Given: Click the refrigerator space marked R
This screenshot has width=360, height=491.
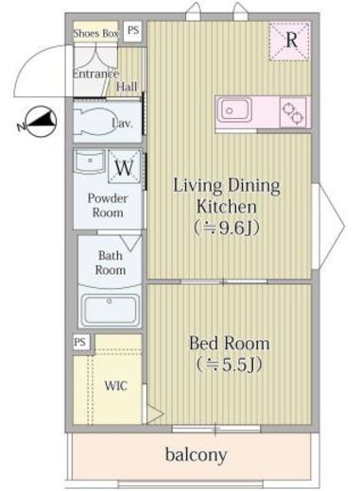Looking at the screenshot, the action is point(290,41).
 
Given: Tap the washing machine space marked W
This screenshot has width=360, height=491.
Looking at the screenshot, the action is point(124,167).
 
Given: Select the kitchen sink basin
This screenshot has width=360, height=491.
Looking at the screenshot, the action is point(236,110).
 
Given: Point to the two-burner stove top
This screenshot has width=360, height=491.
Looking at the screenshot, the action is point(293,113).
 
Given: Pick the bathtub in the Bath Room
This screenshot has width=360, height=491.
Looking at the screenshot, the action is point(111,310).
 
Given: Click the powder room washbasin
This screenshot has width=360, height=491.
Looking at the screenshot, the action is point(90,161).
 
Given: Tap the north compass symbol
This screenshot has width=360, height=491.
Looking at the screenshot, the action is point(40,122).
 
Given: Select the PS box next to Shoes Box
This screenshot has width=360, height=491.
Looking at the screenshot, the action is point(133,31).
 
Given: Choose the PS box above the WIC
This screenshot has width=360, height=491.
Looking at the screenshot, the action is point(80,342).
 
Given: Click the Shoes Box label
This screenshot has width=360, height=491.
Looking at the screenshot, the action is point(96,33).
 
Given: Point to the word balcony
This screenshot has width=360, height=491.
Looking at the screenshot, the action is point(196,454).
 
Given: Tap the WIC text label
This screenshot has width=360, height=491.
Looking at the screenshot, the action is point(116,385).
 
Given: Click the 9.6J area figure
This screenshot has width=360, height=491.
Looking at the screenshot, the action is point(227,229).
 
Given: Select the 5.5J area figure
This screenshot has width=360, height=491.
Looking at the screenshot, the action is point(229,364).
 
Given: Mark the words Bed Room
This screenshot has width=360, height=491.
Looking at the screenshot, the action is point(230,344).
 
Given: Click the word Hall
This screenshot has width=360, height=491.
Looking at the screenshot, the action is point(127,87).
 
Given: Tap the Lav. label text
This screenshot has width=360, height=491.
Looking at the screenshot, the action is point(123,124).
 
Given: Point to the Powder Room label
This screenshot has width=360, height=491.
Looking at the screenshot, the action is point(108,205).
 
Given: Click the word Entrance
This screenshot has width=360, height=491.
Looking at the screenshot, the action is point(96,74).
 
